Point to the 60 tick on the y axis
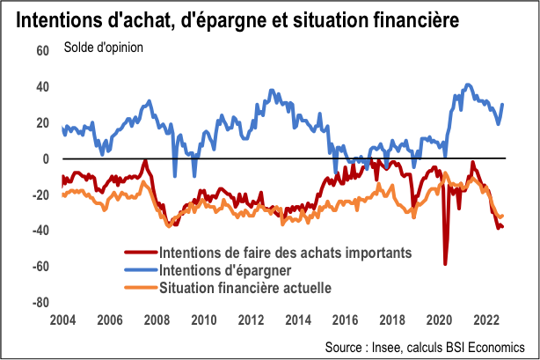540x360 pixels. click(41, 51)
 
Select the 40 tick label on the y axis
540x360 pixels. click(41, 87)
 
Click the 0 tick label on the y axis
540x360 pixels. click(46, 158)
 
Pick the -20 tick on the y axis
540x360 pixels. click(40, 195)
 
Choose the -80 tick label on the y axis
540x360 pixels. click(40, 302)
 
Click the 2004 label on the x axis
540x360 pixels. click(63, 319)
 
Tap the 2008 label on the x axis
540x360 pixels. click(157, 319)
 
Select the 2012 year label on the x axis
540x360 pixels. click(250, 319)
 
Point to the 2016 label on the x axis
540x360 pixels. click(343, 319)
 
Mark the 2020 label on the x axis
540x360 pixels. click(436, 319)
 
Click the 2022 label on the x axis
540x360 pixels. click(483, 319)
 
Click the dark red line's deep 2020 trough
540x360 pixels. click(445, 263)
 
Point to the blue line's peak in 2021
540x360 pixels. click(468, 84)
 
